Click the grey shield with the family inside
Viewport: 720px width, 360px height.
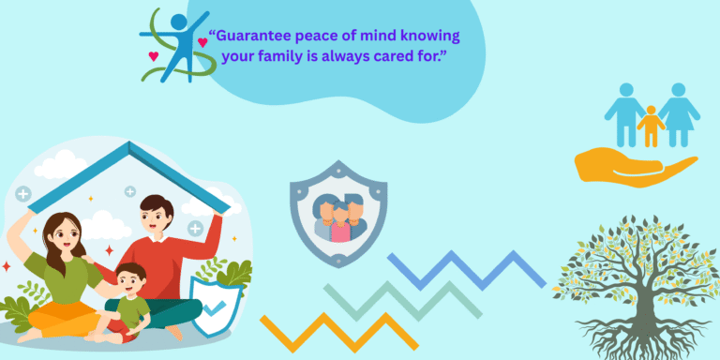click(337, 212)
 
